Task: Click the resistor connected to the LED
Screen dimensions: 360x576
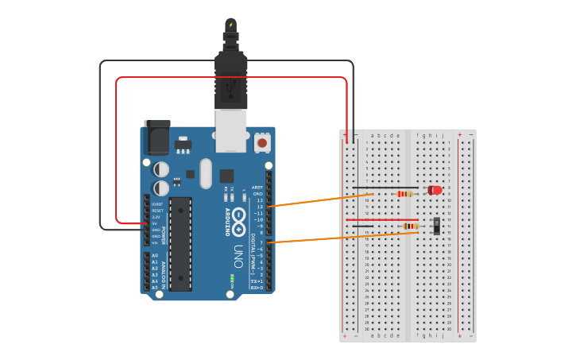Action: click(x=405, y=194)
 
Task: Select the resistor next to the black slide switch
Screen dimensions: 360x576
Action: click(x=411, y=226)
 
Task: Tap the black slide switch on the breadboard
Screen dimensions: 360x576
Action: click(x=437, y=226)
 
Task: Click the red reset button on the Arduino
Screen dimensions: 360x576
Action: click(x=261, y=144)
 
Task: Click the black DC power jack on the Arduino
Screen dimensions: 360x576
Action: click(x=157, y=137)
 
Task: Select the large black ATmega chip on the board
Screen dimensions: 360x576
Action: click(x=180, y=243)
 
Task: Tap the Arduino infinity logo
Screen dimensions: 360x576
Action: click(x=240, y=223)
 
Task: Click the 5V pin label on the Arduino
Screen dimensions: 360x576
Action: click(x=156, y=223)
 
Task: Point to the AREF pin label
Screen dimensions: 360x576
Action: click(x=257, y=188)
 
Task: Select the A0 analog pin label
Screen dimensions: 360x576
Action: click(x=155, y=256)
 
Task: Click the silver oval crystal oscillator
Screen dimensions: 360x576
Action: click(x=207, y=173)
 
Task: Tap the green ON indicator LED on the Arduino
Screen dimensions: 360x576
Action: click(x=232, y=278)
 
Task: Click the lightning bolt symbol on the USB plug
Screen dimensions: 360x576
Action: click(x=231, y=25)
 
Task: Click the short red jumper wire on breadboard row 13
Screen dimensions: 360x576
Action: click(x=392, y=219)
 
